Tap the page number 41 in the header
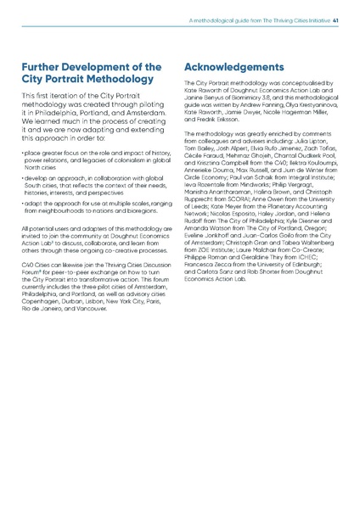[x=336, y=21]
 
